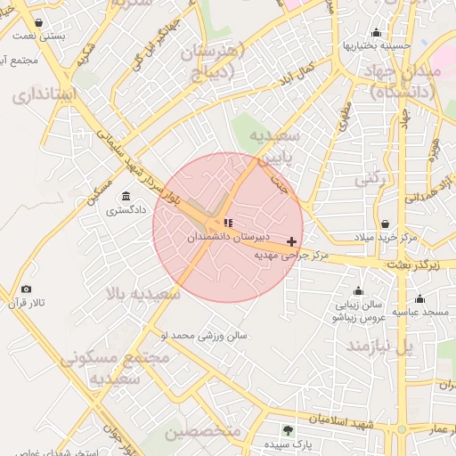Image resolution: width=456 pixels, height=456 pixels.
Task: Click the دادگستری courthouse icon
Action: coord(124,196)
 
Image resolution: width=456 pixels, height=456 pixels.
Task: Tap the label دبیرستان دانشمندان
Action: coord(224,239)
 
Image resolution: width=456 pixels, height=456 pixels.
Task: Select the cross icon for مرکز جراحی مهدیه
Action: coord(291,241)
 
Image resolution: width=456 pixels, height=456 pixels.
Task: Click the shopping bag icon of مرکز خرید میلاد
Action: coord(384,224)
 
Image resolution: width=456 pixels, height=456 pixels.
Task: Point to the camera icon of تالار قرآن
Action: coord(26,289)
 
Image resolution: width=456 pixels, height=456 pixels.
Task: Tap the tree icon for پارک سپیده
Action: coord(287,430)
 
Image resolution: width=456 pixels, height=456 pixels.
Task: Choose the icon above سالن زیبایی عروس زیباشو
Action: coord(359,290)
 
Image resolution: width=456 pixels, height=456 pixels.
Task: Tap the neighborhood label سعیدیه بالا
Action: coord(143,294)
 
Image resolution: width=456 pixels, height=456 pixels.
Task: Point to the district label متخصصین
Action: coord(203,432)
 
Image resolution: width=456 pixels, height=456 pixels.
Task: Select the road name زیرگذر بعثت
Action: coord(415,265)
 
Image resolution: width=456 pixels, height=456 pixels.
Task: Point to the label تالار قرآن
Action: coord(27,304)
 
